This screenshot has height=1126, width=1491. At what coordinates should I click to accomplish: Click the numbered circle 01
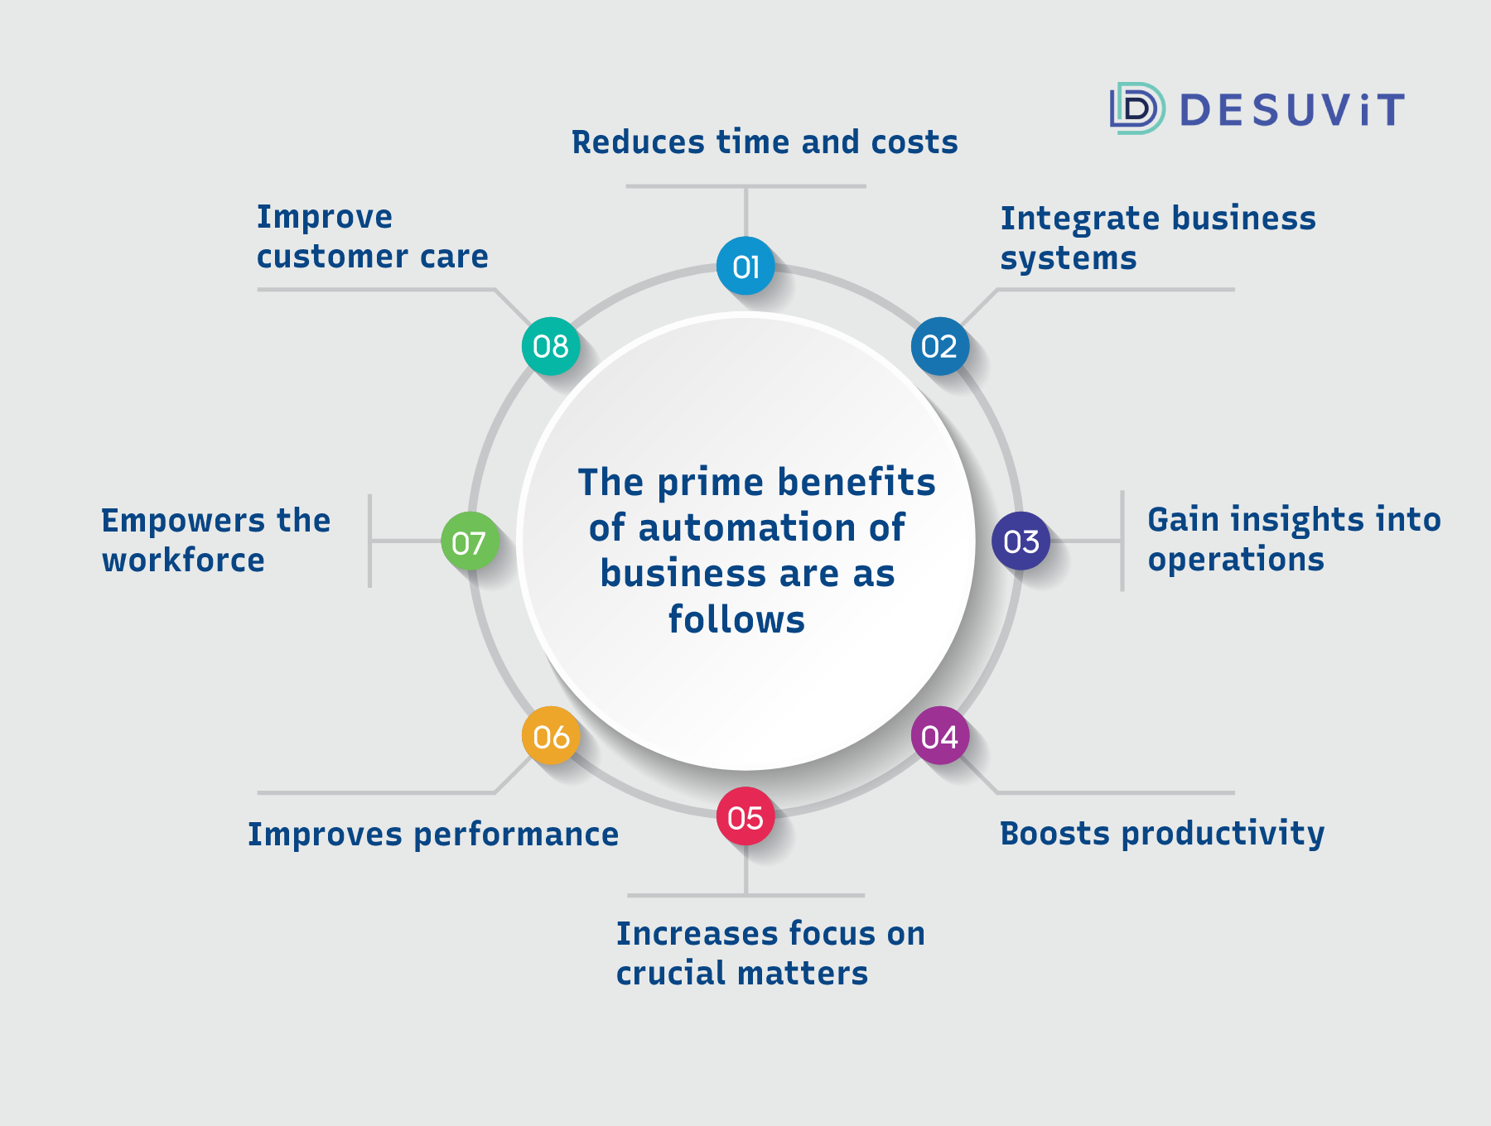745,266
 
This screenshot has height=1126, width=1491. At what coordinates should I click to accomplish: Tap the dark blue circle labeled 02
940,346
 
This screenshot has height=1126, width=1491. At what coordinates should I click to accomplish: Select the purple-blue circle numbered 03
1021,541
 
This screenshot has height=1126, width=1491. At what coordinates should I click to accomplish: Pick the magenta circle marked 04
940,736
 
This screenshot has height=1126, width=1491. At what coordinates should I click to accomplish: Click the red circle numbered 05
745,816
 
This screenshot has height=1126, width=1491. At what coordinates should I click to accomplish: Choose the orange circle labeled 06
551,736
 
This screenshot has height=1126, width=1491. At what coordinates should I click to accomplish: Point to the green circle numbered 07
470,541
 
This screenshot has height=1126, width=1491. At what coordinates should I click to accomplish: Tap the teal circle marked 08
551,346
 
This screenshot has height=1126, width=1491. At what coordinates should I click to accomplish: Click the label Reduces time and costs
765,142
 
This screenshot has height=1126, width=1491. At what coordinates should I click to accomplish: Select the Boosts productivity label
1162,834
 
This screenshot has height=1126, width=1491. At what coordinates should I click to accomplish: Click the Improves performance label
433,835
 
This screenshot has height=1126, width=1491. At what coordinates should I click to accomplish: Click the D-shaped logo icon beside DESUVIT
1137,108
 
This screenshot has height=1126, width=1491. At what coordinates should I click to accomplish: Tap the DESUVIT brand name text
1292,109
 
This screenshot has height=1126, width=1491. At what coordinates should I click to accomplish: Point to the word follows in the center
736,619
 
